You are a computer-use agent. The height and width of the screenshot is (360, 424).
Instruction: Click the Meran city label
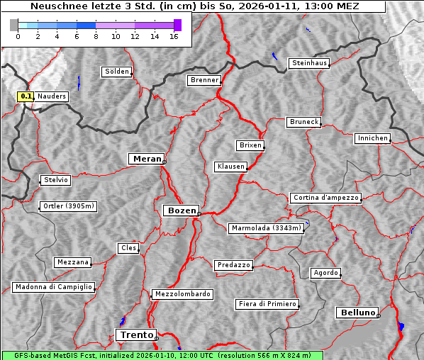point(145,159)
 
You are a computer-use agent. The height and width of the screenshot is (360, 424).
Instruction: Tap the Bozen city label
point(180,210)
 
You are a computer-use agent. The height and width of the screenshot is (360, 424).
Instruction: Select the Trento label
point(135,335)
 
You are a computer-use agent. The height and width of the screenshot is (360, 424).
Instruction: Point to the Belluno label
point(356,312)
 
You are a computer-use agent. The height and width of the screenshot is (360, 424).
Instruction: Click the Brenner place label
point(204,80)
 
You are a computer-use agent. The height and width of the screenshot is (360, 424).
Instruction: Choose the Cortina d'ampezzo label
point(325,198)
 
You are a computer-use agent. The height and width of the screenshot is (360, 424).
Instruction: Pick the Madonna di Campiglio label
point(53,287)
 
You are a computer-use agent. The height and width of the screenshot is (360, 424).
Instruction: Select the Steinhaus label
point(310,63)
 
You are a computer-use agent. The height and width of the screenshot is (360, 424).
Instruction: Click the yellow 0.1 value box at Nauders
point(26,96)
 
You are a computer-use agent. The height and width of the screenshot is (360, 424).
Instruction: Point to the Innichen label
point(372,138)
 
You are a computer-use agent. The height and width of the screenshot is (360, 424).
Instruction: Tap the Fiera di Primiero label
point(267,304)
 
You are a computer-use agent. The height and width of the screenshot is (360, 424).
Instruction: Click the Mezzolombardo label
point(182,294)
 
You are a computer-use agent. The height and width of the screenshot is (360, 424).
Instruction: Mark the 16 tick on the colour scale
point(174,36)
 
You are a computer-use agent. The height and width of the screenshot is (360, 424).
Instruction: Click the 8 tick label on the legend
point(96,36)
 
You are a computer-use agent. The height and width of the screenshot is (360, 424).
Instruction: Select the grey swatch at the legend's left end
point(14,25)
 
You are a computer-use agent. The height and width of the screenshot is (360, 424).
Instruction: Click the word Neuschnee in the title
point(54,6)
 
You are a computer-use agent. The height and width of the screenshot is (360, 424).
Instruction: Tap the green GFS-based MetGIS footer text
point(162,355)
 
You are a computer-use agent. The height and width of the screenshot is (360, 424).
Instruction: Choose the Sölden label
point(117,72)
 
